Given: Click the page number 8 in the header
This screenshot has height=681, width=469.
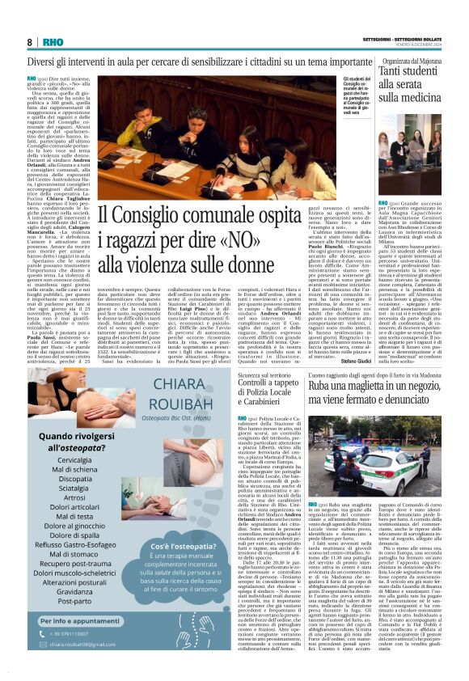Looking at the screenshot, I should tap(30, 41).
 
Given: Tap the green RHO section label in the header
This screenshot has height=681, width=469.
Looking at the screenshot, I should tap(53, 41).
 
